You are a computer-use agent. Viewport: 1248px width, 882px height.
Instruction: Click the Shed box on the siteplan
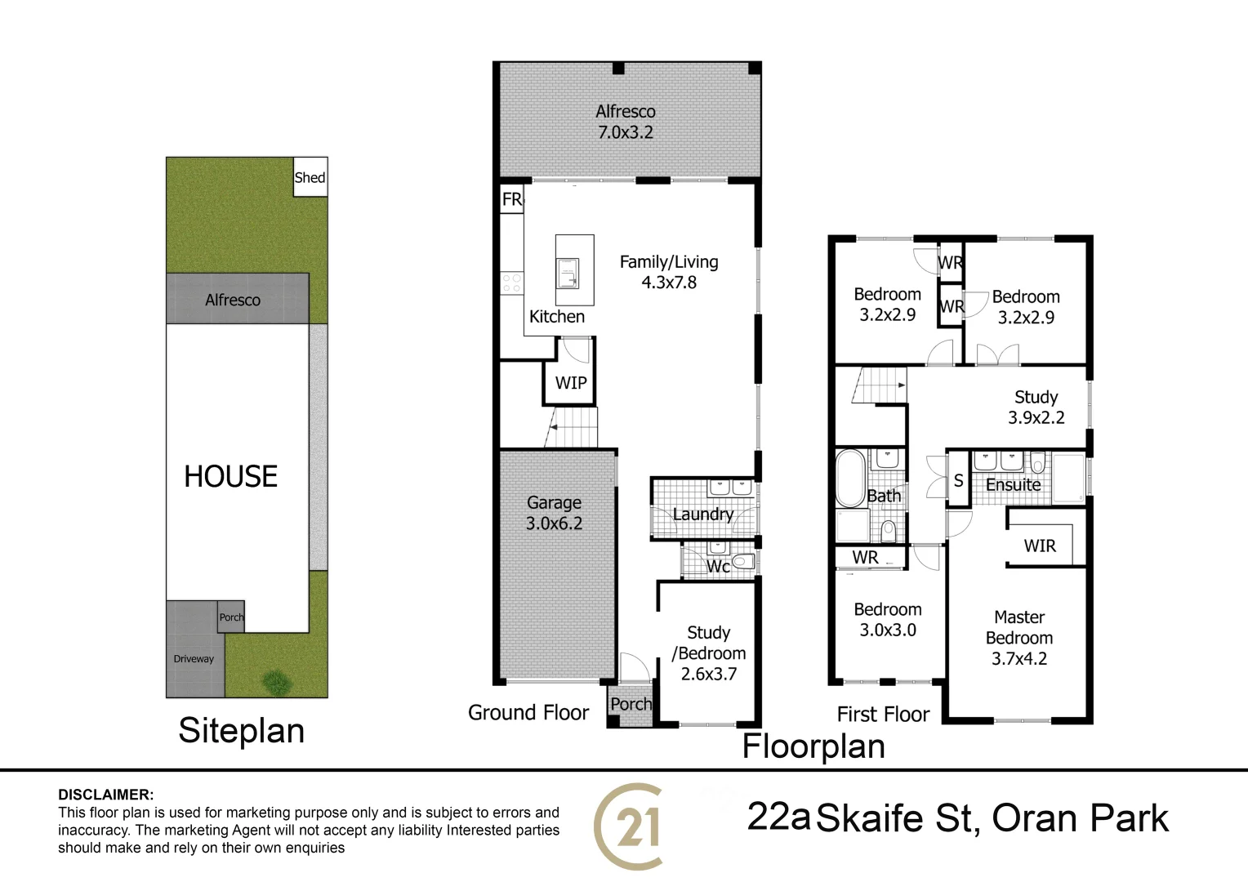(x=310, y=177)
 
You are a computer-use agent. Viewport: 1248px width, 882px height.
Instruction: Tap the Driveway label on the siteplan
(x=194, y=659)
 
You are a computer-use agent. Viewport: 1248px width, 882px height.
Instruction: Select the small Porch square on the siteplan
(x=231, y=617)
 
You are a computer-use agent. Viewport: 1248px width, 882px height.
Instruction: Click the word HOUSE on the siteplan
(x=230, y=476)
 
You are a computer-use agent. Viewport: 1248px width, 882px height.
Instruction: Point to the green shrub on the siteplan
(x=276, y=679)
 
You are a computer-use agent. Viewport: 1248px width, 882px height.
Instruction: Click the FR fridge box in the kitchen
(x=512, y=199)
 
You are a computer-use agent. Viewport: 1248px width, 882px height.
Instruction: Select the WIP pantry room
(x=570, y=383)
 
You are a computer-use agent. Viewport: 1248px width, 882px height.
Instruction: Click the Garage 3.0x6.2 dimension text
(x=554, y=523)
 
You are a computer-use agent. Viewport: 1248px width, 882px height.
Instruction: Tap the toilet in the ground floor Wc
(x=742, y=562)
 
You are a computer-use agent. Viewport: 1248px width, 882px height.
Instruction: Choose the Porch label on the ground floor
(x=631, y=704)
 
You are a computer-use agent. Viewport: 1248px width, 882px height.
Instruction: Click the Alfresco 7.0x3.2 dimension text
(x=626, y=132)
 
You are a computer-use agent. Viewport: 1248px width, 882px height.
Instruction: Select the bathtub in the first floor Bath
(x=849, y=477)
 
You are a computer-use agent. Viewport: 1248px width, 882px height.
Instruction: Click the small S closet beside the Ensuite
(x=959, y=482)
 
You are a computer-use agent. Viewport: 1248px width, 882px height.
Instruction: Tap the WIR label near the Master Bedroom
(x=1040, y=546)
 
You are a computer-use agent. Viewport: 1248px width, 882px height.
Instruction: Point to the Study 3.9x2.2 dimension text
(x=1036, y=417)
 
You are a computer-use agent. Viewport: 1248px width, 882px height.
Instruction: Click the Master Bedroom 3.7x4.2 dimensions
(x=1019, y=658)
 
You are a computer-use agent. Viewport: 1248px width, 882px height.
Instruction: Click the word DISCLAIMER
(x=105, y=795)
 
